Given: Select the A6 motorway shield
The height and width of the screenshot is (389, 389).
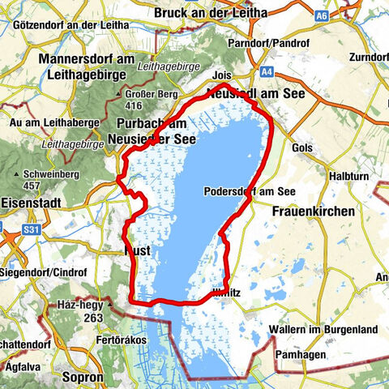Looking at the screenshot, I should [323, 14].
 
